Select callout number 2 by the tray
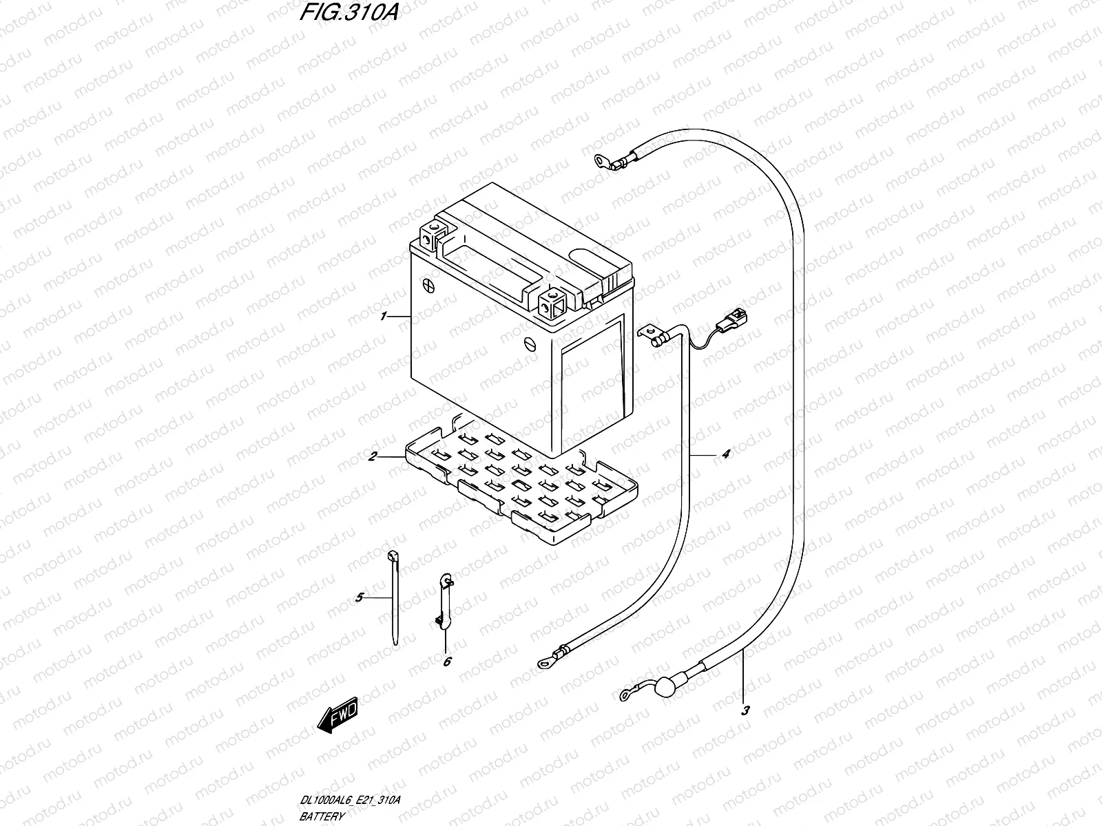[x=372, y=456]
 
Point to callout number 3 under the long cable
[x=745, y=712]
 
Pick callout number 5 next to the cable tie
[x=359, y=598]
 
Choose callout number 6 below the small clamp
[x=447, y=661]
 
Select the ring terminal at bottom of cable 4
[x=544, y=664]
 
